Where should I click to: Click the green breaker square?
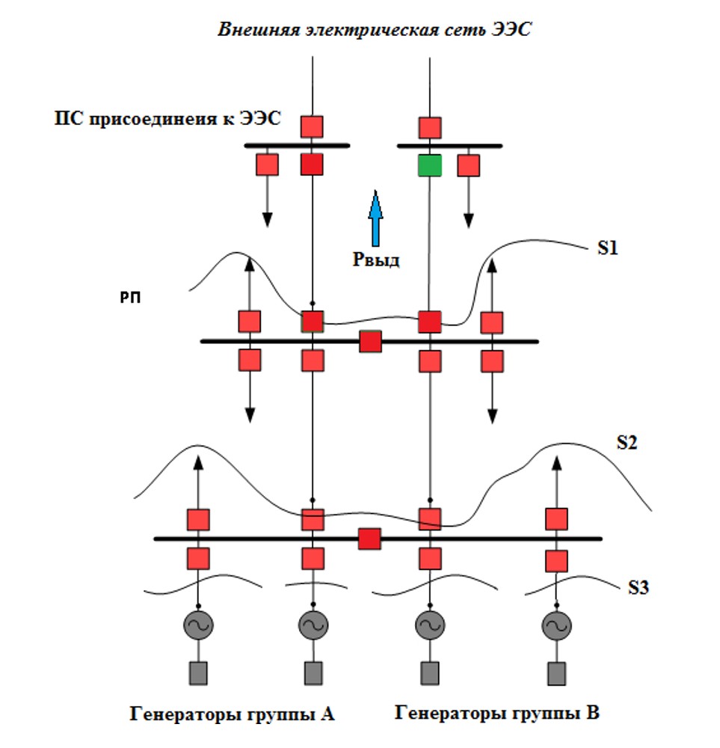coord(430,165)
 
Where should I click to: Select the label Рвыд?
coord(376,260)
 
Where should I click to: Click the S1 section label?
coord(608,249)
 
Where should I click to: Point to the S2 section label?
coord(627,442)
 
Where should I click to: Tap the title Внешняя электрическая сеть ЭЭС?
coord(374,31)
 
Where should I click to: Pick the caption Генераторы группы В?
coord(497,713)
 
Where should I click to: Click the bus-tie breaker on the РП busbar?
coord(370,342)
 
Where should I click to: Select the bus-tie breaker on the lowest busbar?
coord(369,539)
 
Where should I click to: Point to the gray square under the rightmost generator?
coord(556,672)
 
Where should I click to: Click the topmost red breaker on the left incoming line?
coord(312,126)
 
